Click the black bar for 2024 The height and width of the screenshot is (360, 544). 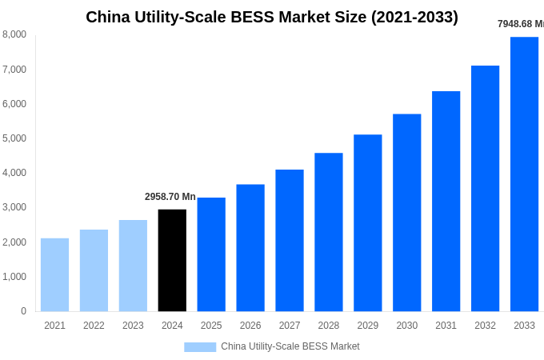pyautogui.click(x=172, y=260)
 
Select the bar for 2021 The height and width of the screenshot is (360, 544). pyautogui.click(x=54, y=274)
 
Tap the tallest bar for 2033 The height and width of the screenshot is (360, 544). pyautogui.click(x=524, y=174)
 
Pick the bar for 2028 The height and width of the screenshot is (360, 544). pyautogui.click(x=329, y=232)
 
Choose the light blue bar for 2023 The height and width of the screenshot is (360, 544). pyautogui.click(x=133, y=266)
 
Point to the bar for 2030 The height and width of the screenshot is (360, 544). pyautogui.click(x=406, y=212)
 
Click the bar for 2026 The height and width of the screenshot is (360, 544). pyautogui.click(x=250, y=247)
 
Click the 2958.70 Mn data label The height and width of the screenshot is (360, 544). pyautogui.click(x=170, y=197)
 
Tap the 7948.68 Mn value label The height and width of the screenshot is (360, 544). pyautogui.click(x=520, y=24)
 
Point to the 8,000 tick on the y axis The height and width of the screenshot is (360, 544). pyautogui.click(x=14, y=34)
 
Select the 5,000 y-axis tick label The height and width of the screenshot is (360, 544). pyautogui.click(x=14, y=138)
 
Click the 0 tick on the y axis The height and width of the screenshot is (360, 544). pyautogui.click(x=23, y=311)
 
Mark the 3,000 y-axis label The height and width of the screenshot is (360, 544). pyautogui.click(x=14, y=207)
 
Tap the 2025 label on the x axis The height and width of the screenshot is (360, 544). pyautogui.click(x=211, y=326)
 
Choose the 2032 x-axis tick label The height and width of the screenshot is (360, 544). pyautogui.click(x=485, y=326)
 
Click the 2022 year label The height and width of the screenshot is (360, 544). pyautogui.click(x=94, y=326)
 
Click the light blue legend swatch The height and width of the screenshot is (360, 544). pyautogui.click(x=200, y=347)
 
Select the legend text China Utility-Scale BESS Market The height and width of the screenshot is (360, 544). pyautogui.click(x=290, y=346)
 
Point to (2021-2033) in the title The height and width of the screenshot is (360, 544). pyautogui.click(x=414, y=17)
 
